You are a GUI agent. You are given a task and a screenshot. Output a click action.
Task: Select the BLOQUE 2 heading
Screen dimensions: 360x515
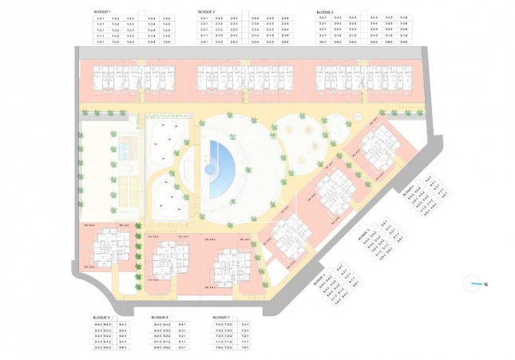point(206,12)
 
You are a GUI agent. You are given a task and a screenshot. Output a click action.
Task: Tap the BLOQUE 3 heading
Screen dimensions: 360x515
point(324,12)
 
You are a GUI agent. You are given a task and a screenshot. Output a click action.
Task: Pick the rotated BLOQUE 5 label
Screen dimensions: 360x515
point(364,235)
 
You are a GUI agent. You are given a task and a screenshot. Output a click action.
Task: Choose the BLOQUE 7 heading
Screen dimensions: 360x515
point(222,317)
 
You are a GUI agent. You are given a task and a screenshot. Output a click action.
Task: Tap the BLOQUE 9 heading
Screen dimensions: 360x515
point(101,317)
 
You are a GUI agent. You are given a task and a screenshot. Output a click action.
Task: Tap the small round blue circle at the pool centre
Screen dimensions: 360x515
point(211,170)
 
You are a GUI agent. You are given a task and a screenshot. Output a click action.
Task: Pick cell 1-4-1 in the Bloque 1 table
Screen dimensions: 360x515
point(101,18)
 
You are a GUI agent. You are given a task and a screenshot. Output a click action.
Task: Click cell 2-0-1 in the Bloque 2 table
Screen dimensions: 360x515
point(204,42)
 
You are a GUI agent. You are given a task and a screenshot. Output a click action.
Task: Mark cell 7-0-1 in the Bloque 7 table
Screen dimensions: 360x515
point(245,348)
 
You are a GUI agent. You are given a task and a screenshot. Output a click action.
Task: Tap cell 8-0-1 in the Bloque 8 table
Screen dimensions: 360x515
point(182,348)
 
